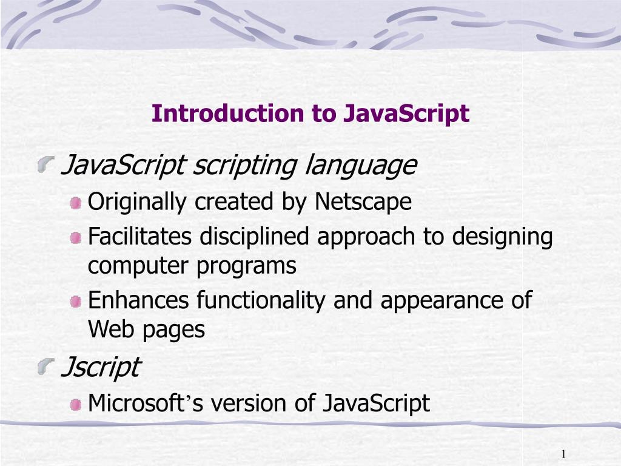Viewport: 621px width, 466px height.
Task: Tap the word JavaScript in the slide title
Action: (x=406, y=113)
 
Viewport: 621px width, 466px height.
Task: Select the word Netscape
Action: (x=363, y=202)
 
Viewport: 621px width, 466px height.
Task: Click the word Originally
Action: (x=138, y=202)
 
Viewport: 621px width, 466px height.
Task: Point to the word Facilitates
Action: (x=135, y=237)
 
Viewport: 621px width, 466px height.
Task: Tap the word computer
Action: (x=138, y=266)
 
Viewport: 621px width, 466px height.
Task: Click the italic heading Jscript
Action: (x=100, y=368)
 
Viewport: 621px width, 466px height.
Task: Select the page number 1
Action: (x=563, y=454)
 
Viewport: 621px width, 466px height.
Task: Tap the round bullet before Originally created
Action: (x=75, y=203)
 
